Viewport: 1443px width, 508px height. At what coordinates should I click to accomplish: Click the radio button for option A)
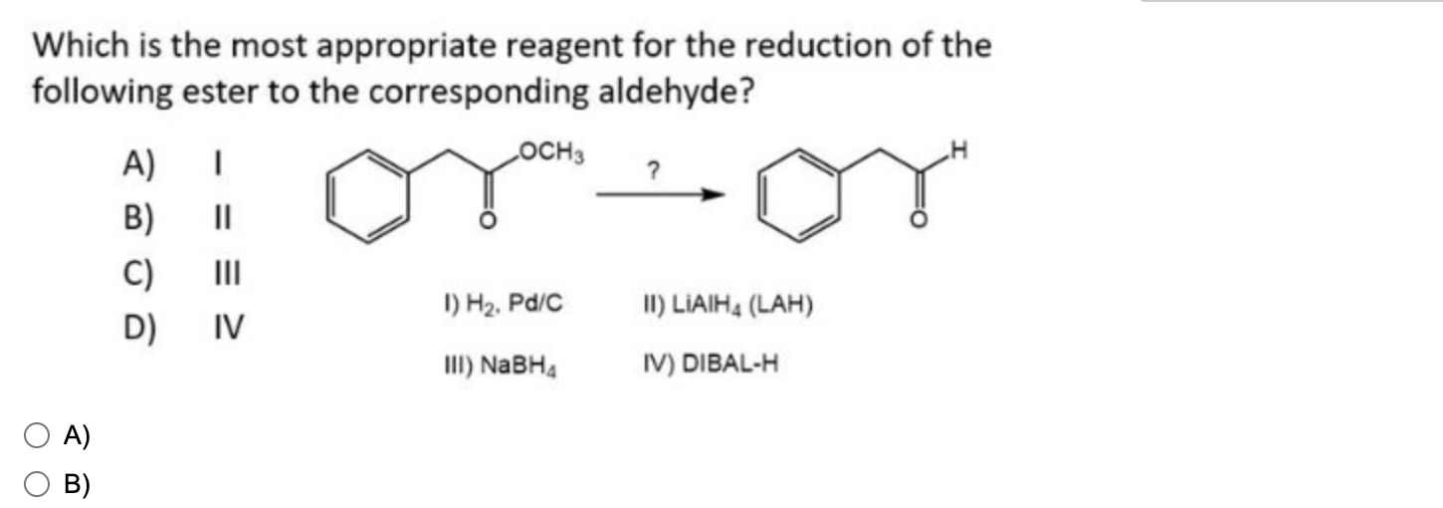click(37, 435)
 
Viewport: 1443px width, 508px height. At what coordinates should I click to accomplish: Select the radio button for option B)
click(37, 485)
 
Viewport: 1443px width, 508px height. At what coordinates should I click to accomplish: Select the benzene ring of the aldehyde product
click(796, 188)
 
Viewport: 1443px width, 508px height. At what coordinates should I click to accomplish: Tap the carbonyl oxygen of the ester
click(487, 220)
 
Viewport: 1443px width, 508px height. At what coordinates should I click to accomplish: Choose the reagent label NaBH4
click(499, 364)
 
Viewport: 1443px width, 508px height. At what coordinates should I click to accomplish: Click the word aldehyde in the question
click(657, 93)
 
